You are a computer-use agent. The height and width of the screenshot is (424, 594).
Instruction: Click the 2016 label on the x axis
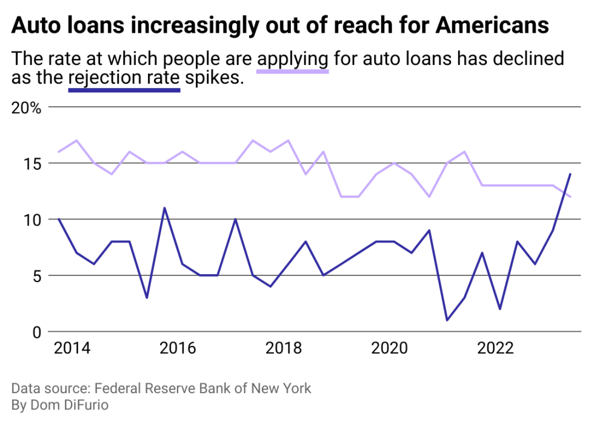point(178,349)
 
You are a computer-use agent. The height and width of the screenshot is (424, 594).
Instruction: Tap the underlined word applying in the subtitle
point(293,59)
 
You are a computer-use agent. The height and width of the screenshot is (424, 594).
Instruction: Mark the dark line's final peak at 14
point(570,175)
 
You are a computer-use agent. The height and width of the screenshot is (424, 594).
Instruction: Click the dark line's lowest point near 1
point(447,320)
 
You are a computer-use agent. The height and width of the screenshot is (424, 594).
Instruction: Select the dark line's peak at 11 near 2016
point(164,208)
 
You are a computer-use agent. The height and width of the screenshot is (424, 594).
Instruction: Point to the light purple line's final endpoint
point(570,197)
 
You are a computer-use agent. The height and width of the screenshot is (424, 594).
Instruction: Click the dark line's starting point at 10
point(58,219)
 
